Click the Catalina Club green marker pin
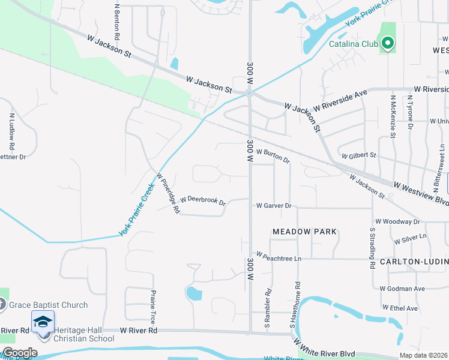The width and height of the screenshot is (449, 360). [x=388, y=43]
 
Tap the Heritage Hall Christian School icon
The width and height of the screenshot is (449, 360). [x=43, y=323]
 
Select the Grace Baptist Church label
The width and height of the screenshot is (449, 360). [x=49, y=305]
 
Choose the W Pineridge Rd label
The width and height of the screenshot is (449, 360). [x=168, y=194]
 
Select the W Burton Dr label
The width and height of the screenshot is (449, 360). [x=273, y=156]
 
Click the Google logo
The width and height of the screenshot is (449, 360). [x=20, y=353]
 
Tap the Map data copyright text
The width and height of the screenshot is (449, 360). [x=423, y=355]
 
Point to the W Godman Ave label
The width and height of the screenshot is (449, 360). [x=402, y=289]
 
